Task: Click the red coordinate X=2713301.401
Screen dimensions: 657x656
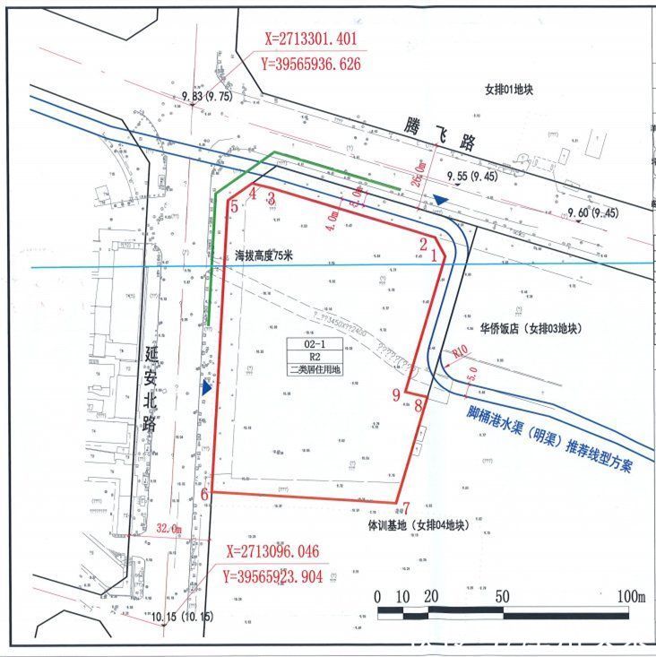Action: click(312, 39)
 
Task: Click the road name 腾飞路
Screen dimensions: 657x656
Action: click(438, 136)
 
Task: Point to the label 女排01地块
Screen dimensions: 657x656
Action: click(520, 91)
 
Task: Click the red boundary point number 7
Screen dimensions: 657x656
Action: click(406, 507)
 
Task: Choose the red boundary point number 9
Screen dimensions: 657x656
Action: click(397, 393)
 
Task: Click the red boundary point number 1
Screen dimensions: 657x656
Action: click(436, 255)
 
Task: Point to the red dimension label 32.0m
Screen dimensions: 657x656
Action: click(168, 529)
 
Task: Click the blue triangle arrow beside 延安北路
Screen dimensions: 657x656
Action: click(207, 389)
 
